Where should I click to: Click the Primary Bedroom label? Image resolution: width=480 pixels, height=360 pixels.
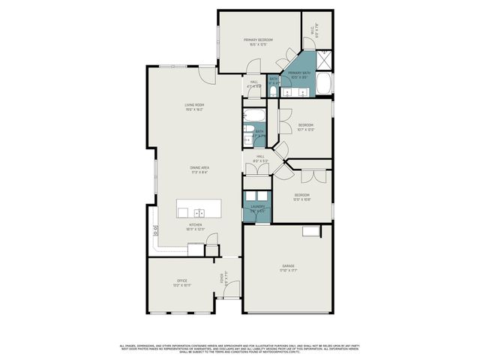pos(258,41)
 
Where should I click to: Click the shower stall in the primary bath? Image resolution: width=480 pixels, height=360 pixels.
pos(325,59)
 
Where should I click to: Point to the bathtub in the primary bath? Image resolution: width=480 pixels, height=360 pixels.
pos(324,84)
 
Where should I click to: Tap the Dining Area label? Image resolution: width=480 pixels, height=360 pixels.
pos(198,169)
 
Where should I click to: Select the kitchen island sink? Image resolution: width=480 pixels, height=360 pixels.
pos(199,212)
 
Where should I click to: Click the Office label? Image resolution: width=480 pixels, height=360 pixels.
pos(181,282)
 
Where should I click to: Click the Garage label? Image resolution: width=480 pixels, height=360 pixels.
pos(288,268)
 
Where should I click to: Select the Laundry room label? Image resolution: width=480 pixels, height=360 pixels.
pos(257,208)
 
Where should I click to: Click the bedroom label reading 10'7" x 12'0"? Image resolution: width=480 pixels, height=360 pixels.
pos(305,127)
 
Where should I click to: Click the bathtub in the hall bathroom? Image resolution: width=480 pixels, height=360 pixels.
pos(252,116)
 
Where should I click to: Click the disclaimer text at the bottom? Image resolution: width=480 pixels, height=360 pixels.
pos(240,348)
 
